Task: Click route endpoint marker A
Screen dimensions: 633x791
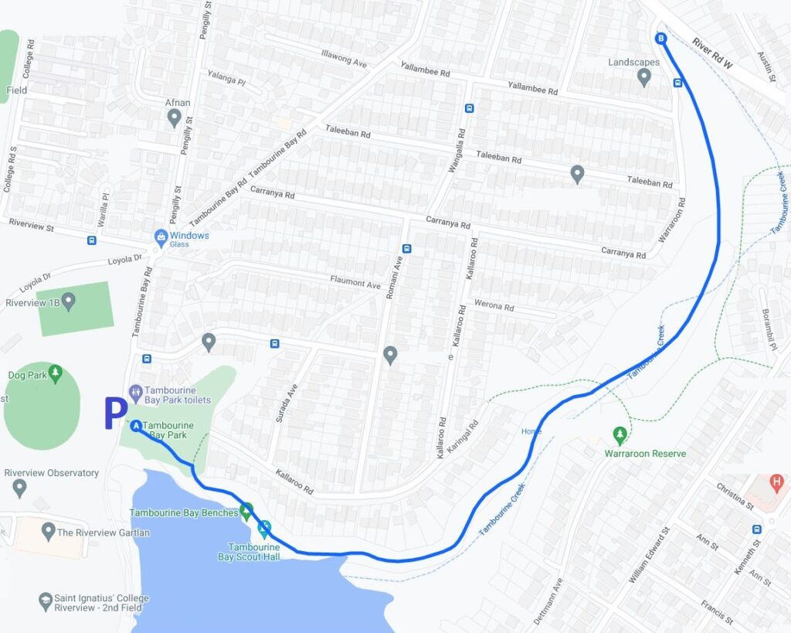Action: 136,425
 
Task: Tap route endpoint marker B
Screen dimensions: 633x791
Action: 660,38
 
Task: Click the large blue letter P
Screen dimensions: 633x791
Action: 115,414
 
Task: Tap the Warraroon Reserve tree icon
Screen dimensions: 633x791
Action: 619,434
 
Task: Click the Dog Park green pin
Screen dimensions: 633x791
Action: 55,375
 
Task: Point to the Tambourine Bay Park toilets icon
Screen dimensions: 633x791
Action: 136,392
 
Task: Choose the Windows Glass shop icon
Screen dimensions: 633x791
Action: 161,236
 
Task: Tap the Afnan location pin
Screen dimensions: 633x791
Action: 175,117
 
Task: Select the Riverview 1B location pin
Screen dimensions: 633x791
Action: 69,300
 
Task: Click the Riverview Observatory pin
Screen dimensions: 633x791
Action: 20,488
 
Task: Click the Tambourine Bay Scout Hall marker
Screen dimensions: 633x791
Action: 264,529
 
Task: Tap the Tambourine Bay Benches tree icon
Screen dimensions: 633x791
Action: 246,510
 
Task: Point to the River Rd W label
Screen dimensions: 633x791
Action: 711,55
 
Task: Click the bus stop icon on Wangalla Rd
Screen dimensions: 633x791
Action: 469,108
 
